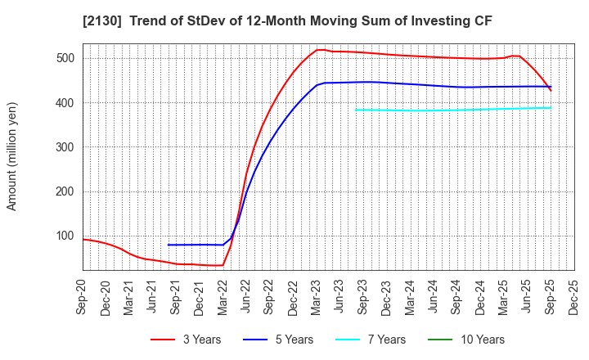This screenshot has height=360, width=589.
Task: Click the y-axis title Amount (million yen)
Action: pos(11,156)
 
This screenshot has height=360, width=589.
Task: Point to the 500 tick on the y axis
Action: pos(65,58)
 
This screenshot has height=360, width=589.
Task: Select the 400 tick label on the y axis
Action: pos(65,103)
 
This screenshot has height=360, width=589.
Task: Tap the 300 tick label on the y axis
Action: pos(65,147)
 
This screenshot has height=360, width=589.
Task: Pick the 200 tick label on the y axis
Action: pos(65,191)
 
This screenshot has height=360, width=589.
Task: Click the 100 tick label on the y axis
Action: pos(65,236)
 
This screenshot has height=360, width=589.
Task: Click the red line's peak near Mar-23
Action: pos(319,49)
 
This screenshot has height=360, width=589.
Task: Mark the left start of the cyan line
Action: pos(355,110)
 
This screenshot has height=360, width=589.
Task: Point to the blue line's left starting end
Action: pos(169,245)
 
